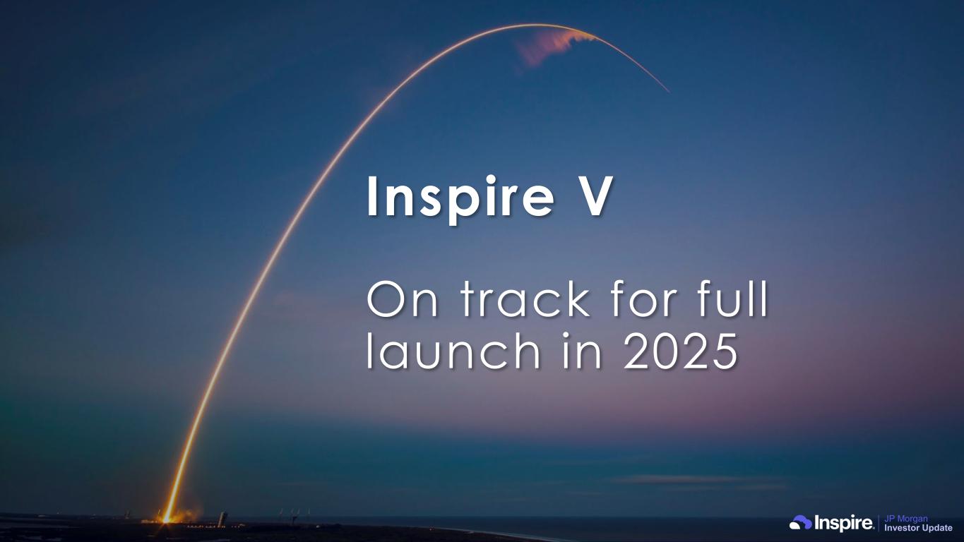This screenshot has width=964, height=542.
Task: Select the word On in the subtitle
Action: pos(403,299)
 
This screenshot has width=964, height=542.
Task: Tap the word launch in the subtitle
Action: pos(453,350)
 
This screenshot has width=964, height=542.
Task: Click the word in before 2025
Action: pos(582,351)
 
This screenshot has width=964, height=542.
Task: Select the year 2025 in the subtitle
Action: pos(681,351)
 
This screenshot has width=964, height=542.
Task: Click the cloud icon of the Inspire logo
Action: pos(800,523)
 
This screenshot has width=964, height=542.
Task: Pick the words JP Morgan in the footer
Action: pos(906,519)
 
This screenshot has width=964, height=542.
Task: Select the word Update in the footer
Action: pos(937,528)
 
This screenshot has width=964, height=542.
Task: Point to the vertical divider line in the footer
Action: pos(879,523)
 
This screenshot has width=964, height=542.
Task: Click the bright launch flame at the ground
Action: pos(167,517)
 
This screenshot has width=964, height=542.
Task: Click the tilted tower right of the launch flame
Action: pos(222,519)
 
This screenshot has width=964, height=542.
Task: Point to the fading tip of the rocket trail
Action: pos(668,91)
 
